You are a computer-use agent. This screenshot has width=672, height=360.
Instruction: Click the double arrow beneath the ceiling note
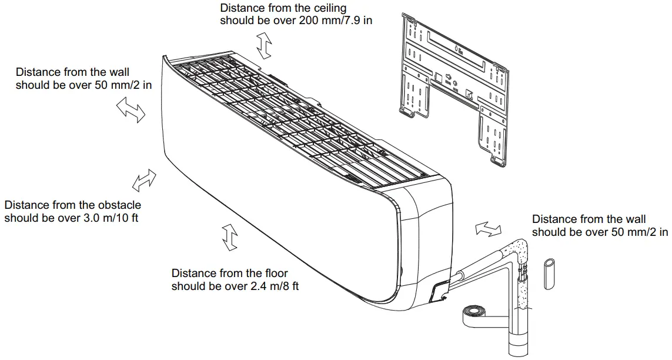(x=265, y=46)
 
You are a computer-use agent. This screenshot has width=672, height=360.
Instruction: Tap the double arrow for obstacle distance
(x=144, y=181)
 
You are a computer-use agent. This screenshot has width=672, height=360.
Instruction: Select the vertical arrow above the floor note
(x=229, y=238)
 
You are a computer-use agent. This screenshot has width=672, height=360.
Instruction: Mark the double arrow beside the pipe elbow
(x=488, y=229)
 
